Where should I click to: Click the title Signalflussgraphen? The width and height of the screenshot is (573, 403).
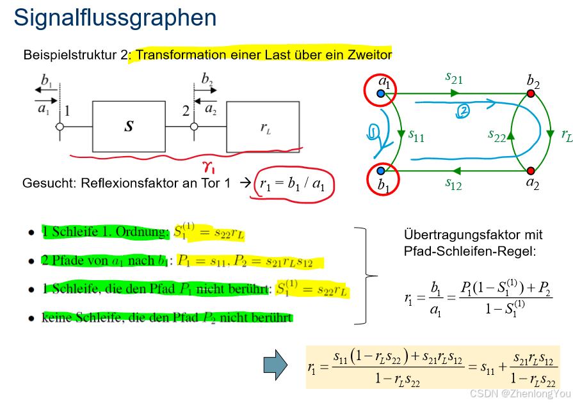(x=115, y=18)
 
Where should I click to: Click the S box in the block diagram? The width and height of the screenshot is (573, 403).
(x=129, y=126)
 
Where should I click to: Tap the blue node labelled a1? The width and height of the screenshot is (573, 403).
(x=381, y=94)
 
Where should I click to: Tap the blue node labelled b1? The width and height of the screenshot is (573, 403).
(x=381, y=171)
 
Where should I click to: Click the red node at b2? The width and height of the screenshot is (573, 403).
(x=531, y=94)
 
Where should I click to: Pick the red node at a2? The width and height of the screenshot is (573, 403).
(x=531, y=171)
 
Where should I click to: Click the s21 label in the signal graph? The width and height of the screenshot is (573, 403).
(x=453, y=78)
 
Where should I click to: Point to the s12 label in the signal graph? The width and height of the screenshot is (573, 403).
(x=453, y=184)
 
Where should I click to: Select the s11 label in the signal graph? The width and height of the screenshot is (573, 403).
(x=416, y=136)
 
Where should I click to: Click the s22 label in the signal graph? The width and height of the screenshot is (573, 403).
(x=497, y=135)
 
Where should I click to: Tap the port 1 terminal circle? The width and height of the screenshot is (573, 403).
(x=60, y=127)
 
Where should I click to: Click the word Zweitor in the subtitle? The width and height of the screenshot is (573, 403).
(x=371, y=55)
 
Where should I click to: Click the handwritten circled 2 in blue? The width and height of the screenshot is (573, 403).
(x=462, y=111)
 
